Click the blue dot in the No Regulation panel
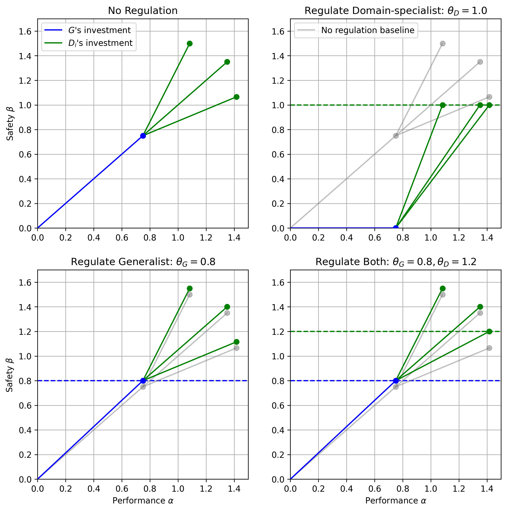[143, 136]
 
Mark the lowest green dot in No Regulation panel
[237, 97]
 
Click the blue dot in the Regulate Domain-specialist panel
[396, 228]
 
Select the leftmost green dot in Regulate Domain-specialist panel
[443, 105]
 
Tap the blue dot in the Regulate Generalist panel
[143, 381]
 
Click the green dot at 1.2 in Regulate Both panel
[489, 331]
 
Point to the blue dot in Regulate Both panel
[396, 381]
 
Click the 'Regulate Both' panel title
[396, 262]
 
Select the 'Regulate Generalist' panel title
[143, 262]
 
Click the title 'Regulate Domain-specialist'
[396, 11]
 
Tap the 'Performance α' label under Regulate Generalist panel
[143, 501]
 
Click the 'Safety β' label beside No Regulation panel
[10, 124]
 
